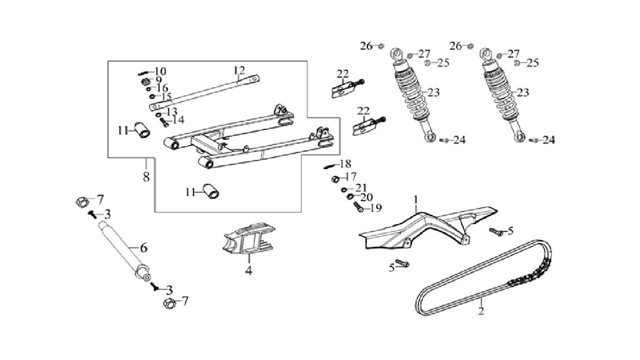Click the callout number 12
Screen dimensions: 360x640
click(238, 70)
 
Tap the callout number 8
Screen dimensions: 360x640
click(146, 176)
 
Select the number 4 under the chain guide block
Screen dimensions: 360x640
click(249, 270)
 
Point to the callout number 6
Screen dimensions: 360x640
click(143, 248)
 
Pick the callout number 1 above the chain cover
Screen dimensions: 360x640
click(416, 199)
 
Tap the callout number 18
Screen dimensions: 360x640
click(345, 163)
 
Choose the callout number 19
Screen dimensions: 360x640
click(376, 208)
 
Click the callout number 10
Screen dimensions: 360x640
click(161, 71)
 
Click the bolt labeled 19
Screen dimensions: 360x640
click(358, 209)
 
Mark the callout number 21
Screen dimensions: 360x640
click(362, 187)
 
